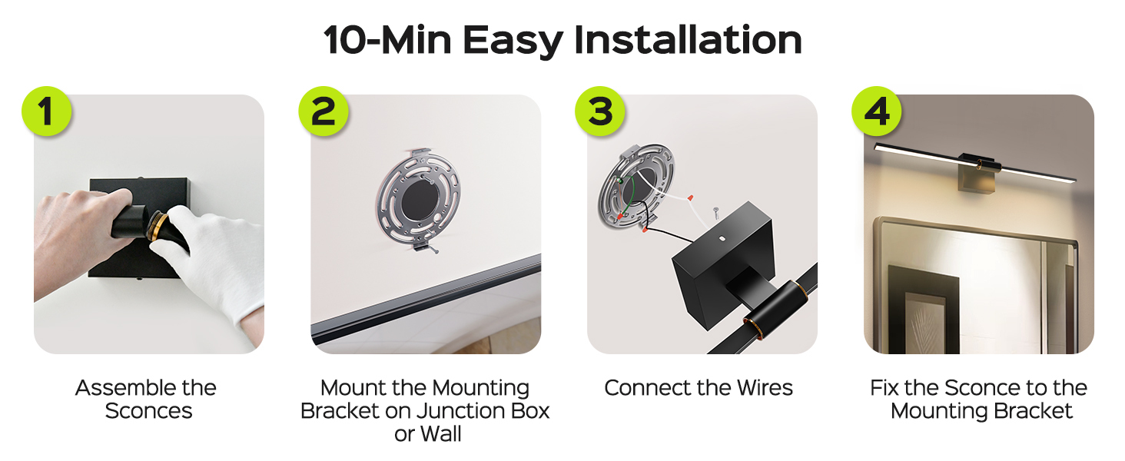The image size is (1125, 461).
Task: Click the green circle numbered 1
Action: [x=47, y=111]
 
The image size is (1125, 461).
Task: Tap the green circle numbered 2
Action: [x=324, y=111]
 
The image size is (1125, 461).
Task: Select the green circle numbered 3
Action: [x=599, y=111]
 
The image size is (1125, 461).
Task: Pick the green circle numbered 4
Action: [x=876, y=111]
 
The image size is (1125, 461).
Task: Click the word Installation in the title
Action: [x=688, y=40]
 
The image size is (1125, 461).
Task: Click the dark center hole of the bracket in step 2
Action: [x=422, y=200]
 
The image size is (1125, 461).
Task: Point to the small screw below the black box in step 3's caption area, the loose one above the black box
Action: [x=715, y=212]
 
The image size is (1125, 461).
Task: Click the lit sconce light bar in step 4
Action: [x=974, y=162]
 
